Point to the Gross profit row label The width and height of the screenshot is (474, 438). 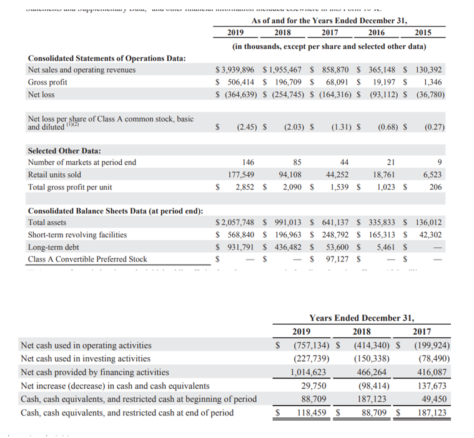point(48,82)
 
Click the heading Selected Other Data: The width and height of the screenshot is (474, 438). point(64,151)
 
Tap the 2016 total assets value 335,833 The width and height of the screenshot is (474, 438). point(383,222)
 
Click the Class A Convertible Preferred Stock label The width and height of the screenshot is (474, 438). point(87,259)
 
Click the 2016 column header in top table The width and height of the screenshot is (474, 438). point(377,33)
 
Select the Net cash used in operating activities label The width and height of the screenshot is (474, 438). point(86,345)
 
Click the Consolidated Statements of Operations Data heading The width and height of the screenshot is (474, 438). point(107,58)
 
